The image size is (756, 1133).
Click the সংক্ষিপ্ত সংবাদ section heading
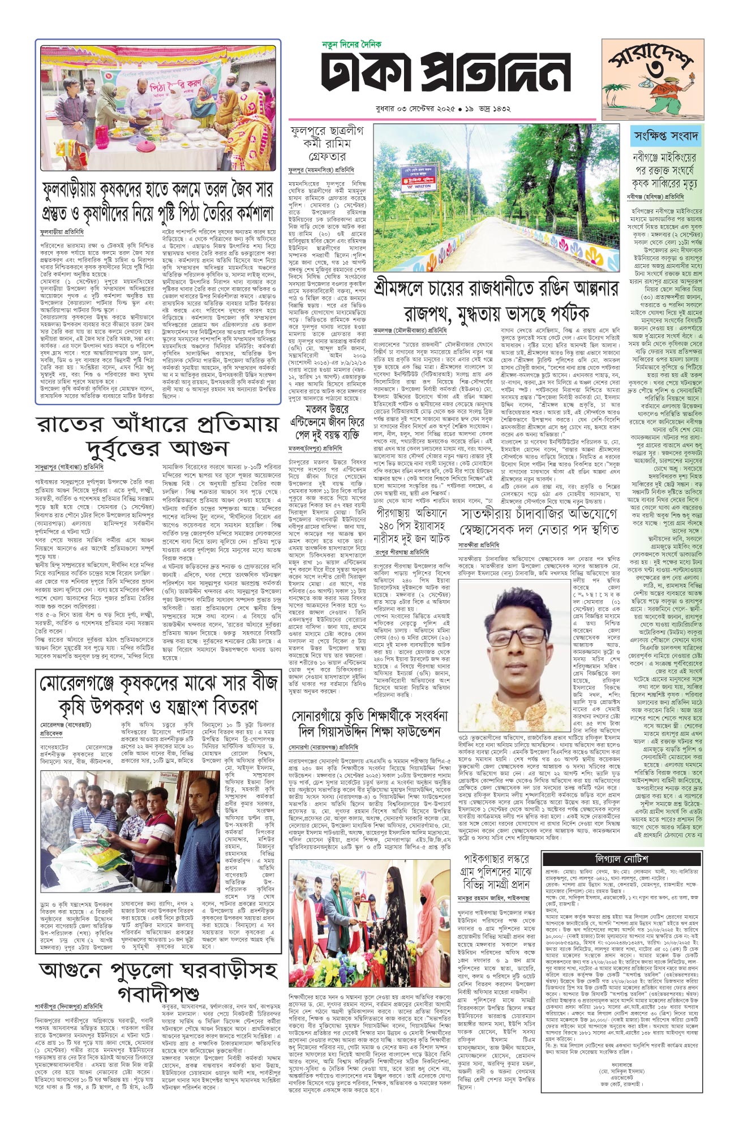(x=666, y=136)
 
